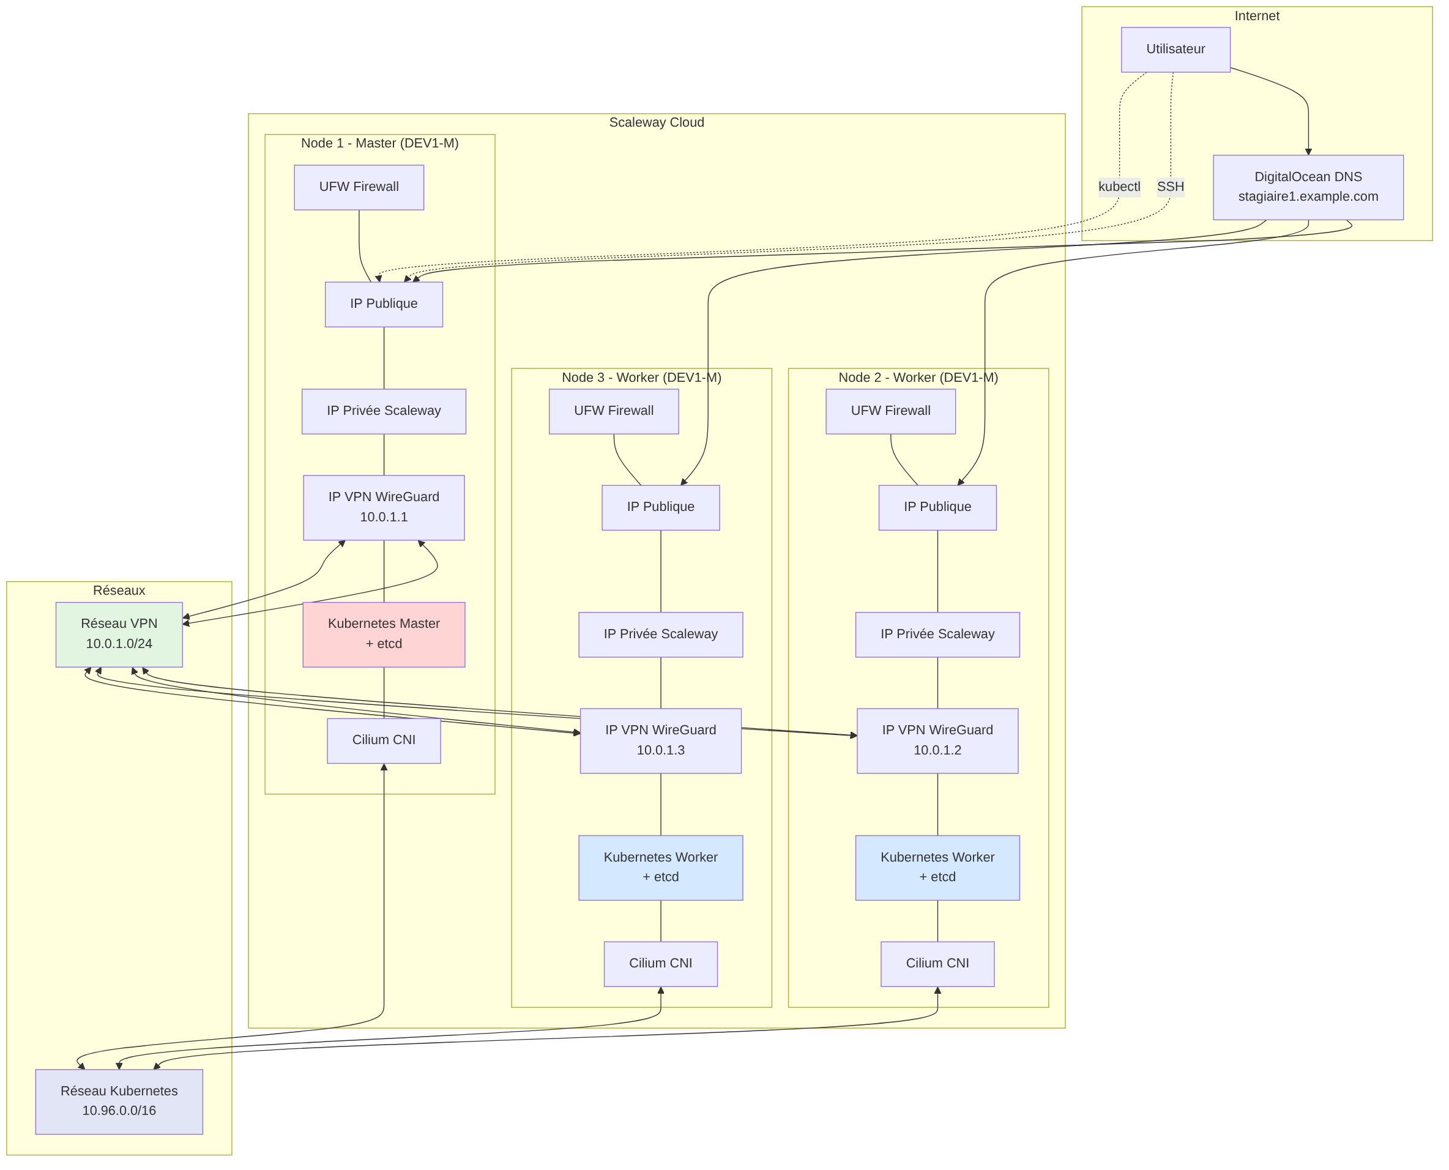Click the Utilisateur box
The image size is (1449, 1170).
click(1175, 49)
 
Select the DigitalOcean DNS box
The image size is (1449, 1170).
click(1308, 187)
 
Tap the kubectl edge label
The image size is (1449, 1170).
click(1119, 187)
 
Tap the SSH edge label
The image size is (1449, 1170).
click(1170, 187)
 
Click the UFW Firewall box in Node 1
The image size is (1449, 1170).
click(359, 187)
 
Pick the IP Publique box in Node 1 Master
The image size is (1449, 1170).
click(384, 304)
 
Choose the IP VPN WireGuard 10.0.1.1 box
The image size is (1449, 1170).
click(384, 507)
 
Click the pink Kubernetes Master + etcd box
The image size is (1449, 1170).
click(384, 634)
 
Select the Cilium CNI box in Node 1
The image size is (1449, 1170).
click(384, 740)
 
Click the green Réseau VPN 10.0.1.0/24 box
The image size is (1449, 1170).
click(119, 634)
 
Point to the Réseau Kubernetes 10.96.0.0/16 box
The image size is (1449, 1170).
click(119, 1101)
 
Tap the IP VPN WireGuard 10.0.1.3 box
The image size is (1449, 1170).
click(660, 740)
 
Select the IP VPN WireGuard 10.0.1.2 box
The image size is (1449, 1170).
click(937, 740)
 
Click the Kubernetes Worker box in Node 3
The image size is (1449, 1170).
click(660, 867)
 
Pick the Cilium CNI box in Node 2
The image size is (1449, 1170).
click(937, 964)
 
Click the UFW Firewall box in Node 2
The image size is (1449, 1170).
click(890, 411)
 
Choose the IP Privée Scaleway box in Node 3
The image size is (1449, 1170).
click(660, 634)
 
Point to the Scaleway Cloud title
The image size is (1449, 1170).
click(657, 122)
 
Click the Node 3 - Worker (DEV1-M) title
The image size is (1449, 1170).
click(641, 378)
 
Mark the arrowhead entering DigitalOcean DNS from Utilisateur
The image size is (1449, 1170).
click(1308, 152)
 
